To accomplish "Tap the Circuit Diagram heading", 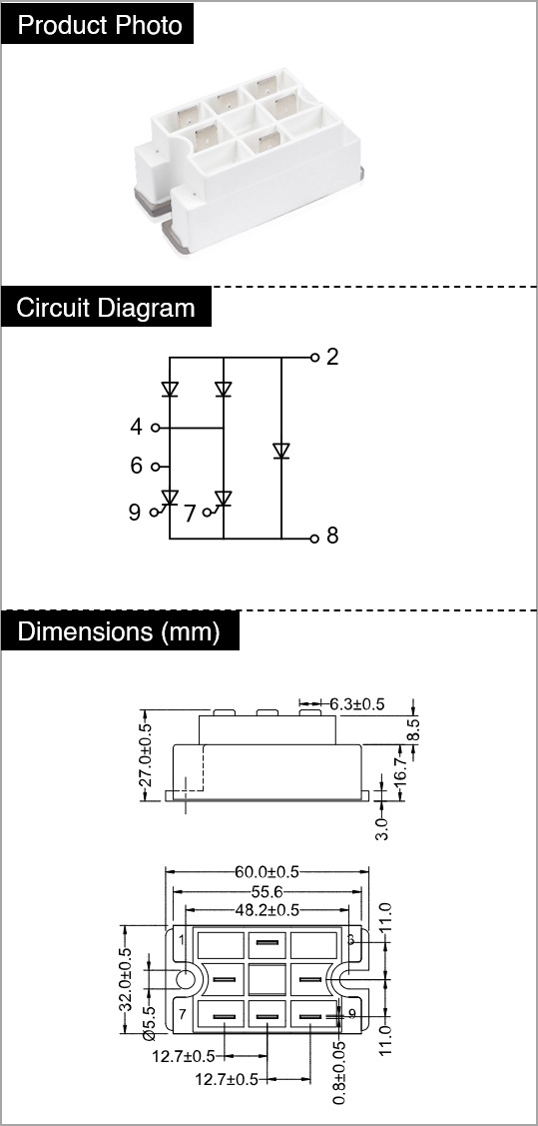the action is [106, 308].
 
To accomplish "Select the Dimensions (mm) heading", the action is [119, 631].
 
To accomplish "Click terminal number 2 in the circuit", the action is [332, 357].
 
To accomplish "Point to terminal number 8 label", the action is [332, 536].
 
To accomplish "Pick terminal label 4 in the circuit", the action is [137, 428].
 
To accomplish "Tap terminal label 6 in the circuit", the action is [137, 466].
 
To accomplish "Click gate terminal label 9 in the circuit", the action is [135, 513].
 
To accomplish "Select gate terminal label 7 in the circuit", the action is [190, 514].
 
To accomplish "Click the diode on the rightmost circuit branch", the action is [281, 451].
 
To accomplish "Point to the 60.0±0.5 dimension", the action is [267, 872].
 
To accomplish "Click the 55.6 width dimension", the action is [267, 891].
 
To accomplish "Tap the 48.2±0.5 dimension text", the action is [267, 910].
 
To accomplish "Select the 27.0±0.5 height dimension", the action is [146, 754].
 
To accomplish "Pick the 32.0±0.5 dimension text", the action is [126, 979].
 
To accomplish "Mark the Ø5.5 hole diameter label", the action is [149, 1021].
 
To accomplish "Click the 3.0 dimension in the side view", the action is [381, 827].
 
